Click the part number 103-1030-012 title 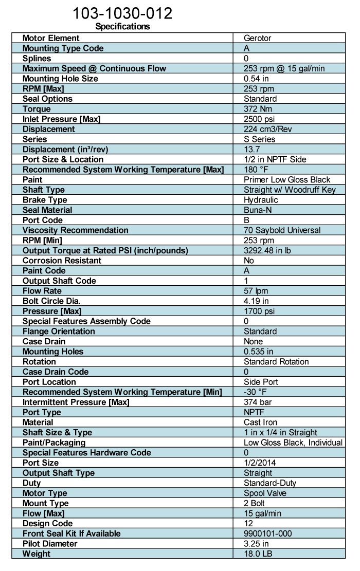click(x=122, y=13)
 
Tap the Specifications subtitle click(x=122, y=27)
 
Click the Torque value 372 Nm click(x=257, y=109)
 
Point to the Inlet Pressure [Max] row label click(x=61, y=119)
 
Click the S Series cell click(x=260, y=139)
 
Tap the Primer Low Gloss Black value click(x=287, y=179)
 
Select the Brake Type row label click(x=45, y=200)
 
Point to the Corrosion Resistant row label click(x=62, y=261)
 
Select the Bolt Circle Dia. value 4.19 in click(x=255, y=301)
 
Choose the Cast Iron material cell click(x=259, y=422)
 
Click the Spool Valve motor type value click(x=265, y=493)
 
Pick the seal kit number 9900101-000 click(x=268, y=533)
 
